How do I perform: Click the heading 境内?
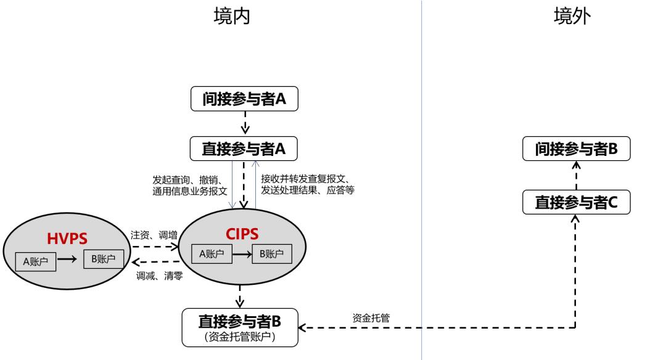point(231,17)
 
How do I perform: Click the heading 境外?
point(572,17)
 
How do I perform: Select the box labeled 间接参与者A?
point(245,99)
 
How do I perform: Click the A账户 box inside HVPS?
point(36,261)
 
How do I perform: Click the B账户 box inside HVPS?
point(103,259)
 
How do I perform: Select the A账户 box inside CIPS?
point(212,253)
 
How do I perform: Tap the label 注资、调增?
point(154,235)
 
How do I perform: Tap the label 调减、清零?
point(158,276)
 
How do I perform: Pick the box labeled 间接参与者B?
point(576,149)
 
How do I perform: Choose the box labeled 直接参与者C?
point(576,202)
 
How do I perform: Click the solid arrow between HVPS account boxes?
point(70,260)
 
